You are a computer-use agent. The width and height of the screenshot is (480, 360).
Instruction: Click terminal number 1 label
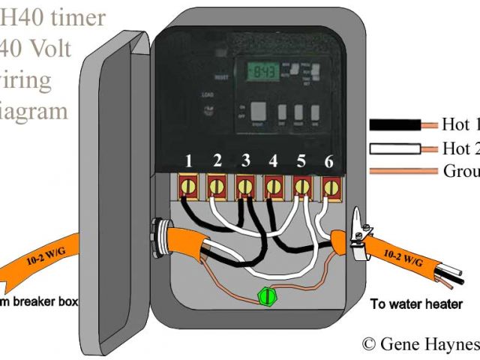[x=189, y=160]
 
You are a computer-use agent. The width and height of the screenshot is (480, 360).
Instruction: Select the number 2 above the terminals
[x=217, y=160]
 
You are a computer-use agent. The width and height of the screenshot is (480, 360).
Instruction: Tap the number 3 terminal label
[x=245, y=160]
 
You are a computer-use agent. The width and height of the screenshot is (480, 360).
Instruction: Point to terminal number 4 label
[x=273, y=160]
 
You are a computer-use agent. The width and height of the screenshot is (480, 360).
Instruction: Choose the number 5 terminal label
[x=301, y=160]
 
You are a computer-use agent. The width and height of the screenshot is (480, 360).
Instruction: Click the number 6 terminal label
[x=329, y=160]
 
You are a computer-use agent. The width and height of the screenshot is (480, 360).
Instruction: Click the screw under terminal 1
[x=189, y=184]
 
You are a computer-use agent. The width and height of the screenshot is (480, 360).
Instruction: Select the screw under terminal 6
[x=330, y=184]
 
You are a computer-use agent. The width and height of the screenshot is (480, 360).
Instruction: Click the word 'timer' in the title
[x=78, y=16]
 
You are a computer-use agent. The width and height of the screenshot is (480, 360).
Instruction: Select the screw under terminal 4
[x=274, y=184]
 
